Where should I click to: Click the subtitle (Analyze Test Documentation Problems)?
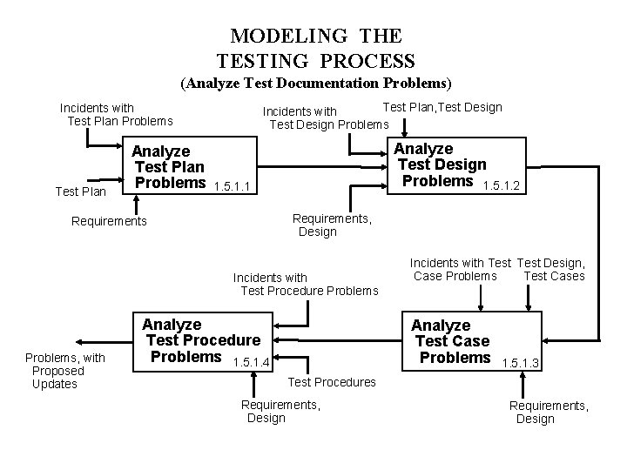click(315, 84)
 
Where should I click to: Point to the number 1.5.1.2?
click(502, 186)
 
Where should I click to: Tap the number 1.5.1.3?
click(522, 362)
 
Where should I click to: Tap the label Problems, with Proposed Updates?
click(64, 371)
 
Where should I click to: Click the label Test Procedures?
click(332, 382)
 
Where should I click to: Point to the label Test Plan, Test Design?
click(442, 107)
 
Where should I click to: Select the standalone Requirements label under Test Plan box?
click(109, 221)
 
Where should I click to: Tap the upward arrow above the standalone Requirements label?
click(136, 202)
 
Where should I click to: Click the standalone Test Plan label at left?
click(80, 191)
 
